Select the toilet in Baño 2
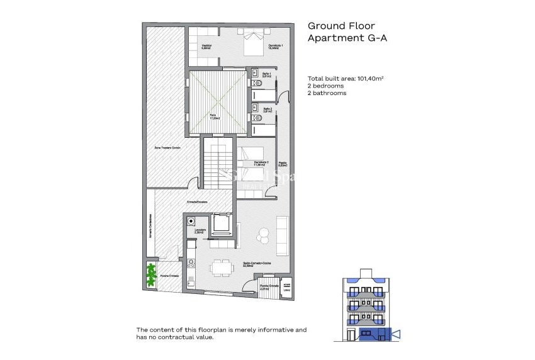(x=254, y=118)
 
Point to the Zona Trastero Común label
(x=168, y=147)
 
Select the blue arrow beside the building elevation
(x=395, y=332)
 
